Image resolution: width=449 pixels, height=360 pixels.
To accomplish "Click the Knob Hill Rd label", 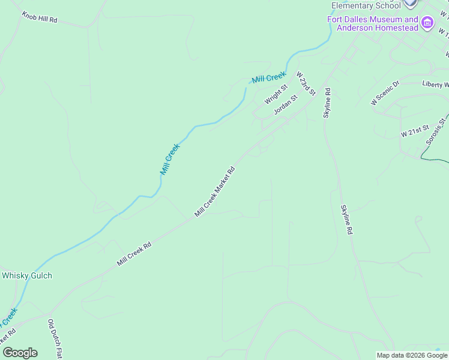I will pos(40,17).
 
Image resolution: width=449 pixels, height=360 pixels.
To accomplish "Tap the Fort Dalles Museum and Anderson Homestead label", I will pos(372,23).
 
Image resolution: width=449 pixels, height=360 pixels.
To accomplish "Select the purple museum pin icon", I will pos(427,23).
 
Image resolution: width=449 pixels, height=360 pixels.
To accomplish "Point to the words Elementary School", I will pos(366,6).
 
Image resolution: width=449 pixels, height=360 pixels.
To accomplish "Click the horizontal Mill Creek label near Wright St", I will pos(269,77).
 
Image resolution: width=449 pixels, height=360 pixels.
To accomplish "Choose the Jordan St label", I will pos(285,104).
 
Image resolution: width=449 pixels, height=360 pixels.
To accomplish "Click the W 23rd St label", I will pos(306,83).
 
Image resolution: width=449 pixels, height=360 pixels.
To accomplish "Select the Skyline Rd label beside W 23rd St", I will pos(327,103).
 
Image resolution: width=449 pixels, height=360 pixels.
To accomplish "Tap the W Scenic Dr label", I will pos(385,93).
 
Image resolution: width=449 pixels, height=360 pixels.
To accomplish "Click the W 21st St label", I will pos(415,128).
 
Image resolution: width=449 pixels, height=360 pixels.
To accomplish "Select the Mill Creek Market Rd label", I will pos(214,191).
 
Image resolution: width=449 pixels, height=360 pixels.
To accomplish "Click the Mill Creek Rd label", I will pos(134,254).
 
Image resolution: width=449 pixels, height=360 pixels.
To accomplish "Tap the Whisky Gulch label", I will pos(27,275).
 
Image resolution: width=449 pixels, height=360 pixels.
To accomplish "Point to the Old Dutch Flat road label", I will pos(55,339).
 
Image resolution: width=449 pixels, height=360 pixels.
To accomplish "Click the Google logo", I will pos(20,352).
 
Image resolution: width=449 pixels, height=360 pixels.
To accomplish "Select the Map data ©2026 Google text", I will pos(412,355).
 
